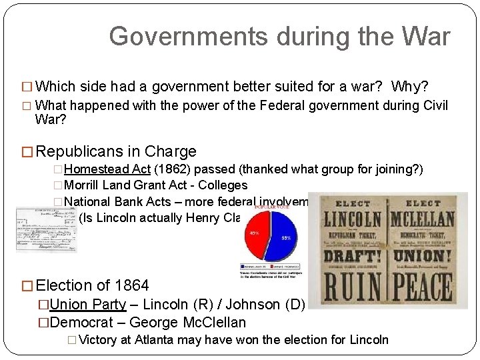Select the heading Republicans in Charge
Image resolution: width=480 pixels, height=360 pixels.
[117, 151]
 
